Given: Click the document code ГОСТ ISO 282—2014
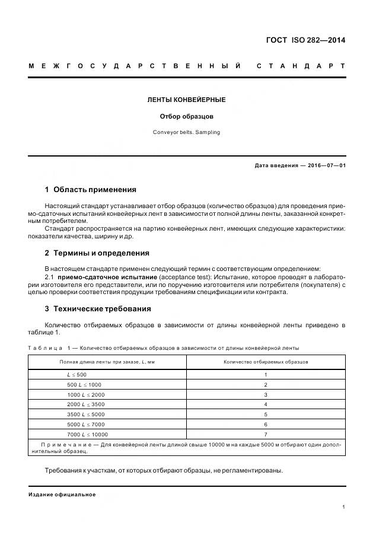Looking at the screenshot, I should tap(305, 40).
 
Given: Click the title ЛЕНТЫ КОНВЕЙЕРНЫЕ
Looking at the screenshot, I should tap(186, 100).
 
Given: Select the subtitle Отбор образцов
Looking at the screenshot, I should tap(186, 116).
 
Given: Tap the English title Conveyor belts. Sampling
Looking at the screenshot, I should tap(186, 132).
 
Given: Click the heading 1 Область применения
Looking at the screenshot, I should tap(91, 190).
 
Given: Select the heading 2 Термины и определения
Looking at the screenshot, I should tap(97, 253).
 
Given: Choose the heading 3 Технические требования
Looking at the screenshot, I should tap(98, 309).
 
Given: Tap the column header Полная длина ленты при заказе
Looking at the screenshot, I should tap(107, 362).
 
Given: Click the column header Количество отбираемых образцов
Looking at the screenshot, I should tap(266, 362).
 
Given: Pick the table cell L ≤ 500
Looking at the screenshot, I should tap(77, 375).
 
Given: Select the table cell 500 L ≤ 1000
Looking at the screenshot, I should tap(84, 385).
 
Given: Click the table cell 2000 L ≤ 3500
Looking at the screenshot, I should tap(86, 404).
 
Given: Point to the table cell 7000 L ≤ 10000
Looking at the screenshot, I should tap(87, 434).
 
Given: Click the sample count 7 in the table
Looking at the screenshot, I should tap(266, 434).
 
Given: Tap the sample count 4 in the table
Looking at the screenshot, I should tap(266, 404).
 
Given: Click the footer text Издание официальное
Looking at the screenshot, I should tap(62, 495).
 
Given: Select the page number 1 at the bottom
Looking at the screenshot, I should tap(343, 507).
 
